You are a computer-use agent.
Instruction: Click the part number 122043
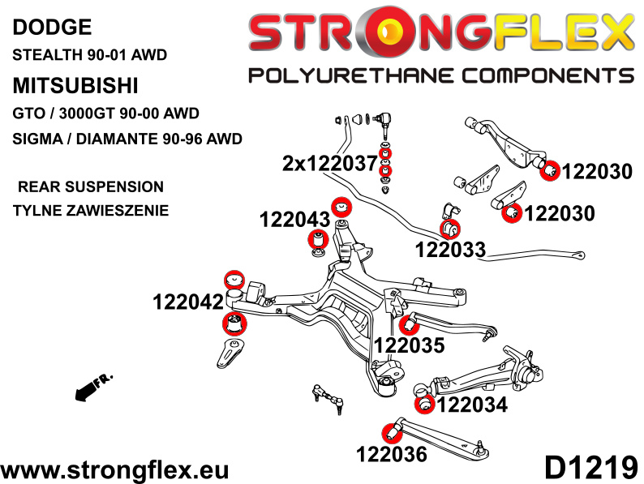pos(294,219)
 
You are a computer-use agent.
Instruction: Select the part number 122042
pos(187,302)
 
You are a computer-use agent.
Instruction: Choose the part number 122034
pos(471,404)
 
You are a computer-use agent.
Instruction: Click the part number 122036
pos(391,454)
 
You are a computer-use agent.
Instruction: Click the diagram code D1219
pos(591,468)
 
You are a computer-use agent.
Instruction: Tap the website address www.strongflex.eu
pos(115,469)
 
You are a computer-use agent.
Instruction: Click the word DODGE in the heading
pos(51,28)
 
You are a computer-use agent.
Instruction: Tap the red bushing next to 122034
pos(423,403)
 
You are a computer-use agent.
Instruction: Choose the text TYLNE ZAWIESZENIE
pos(90,212)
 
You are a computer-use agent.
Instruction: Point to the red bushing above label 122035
pos(408,323)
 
